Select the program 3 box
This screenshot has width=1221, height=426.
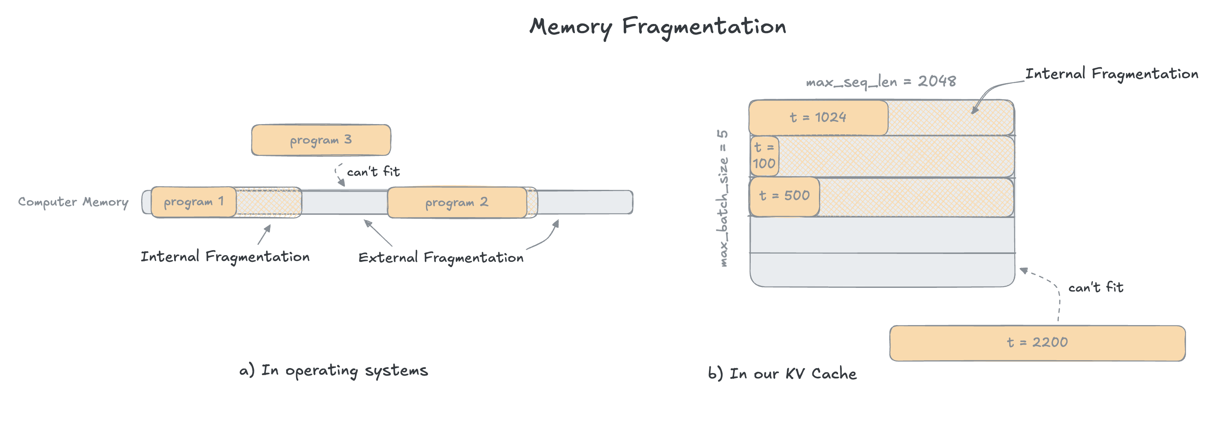[x=321, y=140]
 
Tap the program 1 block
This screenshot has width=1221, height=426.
[x=194, y=202]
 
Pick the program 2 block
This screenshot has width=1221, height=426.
[x=457, y=202]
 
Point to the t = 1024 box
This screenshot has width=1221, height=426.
[x=818, y=117]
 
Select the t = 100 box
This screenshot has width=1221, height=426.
[x=764, y=156]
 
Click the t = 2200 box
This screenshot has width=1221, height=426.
[x=1037, y=342]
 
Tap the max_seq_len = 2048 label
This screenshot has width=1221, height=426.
[x=881, y=81]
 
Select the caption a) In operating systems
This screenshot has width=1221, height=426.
[x=333, y=371]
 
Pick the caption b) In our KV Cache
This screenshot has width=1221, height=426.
[x=782, y=374]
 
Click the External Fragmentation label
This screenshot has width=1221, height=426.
[x=441, y=258]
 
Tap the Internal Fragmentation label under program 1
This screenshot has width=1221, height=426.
[x=225, y=257]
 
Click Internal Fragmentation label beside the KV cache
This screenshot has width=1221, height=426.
[x=1111, y=74]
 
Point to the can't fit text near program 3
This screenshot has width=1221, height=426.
[x=373, y=172]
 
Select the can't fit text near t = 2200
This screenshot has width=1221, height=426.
[x=1095, y=287]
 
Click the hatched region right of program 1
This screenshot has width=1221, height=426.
[x=268, y=202]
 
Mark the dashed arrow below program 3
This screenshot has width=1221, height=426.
[x=338, y=175]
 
